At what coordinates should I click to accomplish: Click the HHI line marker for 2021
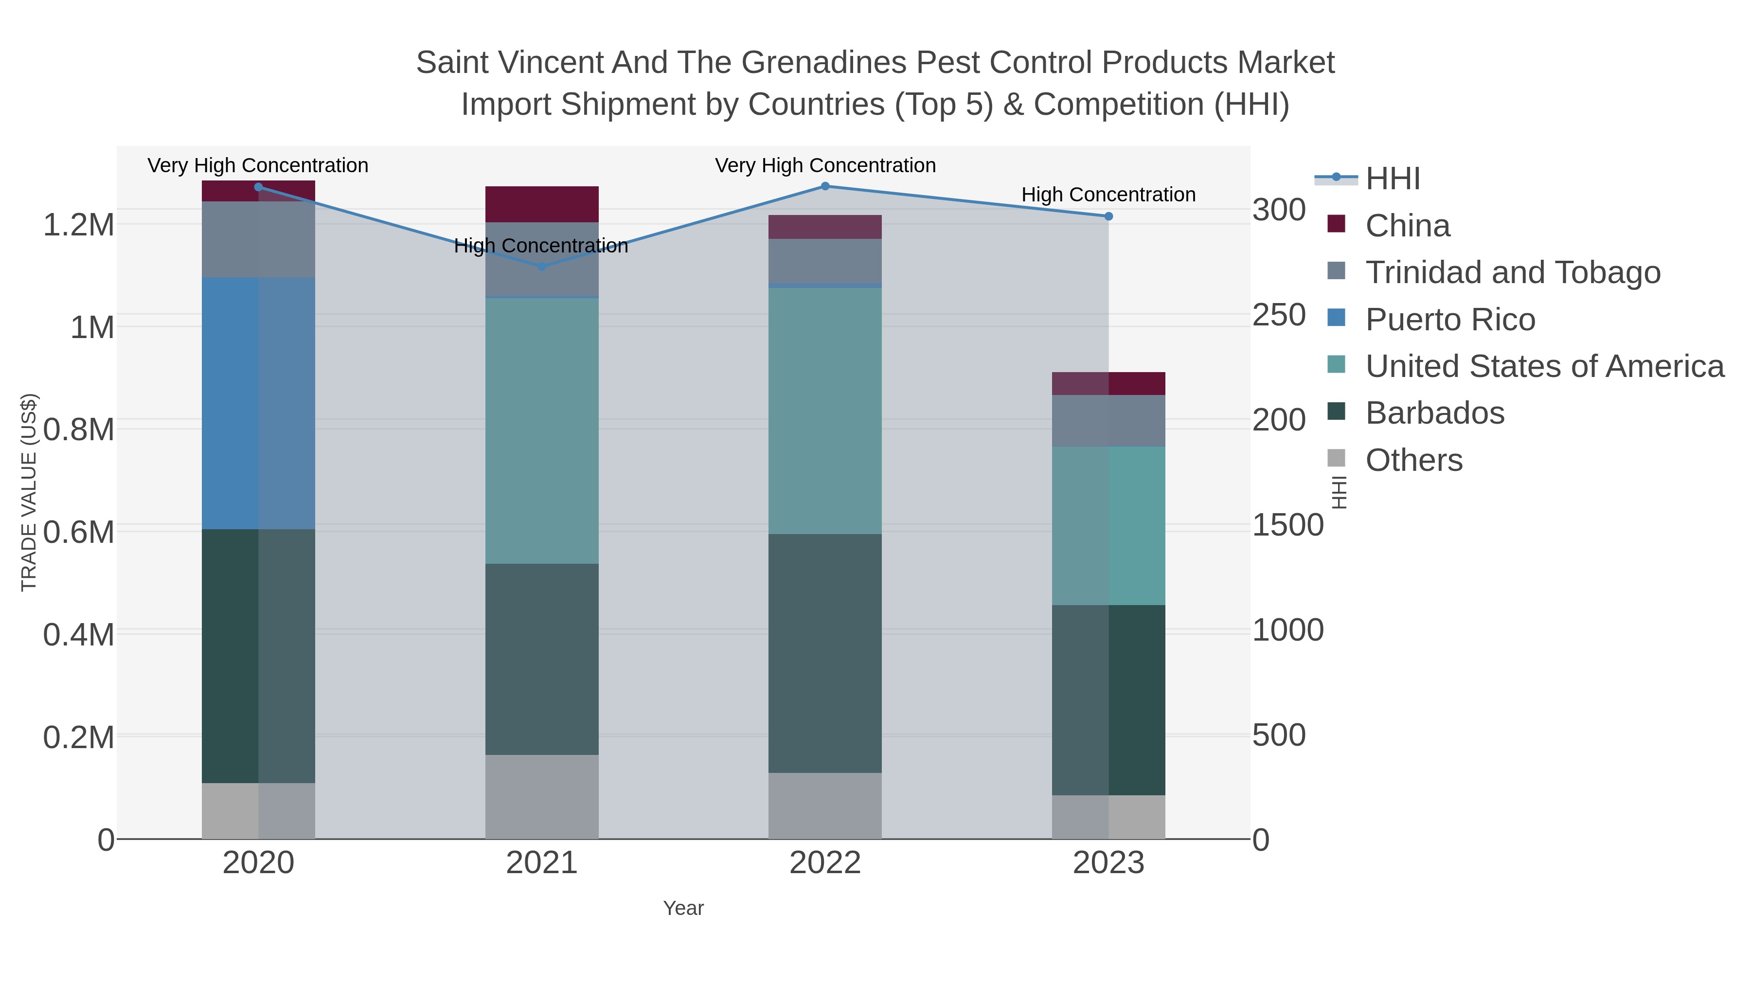pos(542,267)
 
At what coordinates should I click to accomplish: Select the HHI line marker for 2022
pos(825,186)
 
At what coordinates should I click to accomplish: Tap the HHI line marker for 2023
pos(1108,216)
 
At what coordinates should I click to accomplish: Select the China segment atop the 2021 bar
pos(542,204)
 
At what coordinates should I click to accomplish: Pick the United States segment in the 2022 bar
pos(825,411)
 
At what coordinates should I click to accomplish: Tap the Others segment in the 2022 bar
pos(825,806)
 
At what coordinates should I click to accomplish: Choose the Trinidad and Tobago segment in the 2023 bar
pos(1108,420)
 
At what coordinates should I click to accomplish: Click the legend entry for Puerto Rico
pos(1450,320)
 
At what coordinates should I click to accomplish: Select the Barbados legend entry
pos(1434,413)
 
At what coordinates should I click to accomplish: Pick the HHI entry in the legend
pos(1392,179)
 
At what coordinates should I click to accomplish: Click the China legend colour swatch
pos(1337,224)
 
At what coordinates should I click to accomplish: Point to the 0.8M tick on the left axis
pos(79,430)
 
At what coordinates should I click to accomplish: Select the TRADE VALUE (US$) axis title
pos(29,492)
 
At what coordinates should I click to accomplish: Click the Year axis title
pos(683,908)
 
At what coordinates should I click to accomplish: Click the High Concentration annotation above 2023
pos(1108,195)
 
